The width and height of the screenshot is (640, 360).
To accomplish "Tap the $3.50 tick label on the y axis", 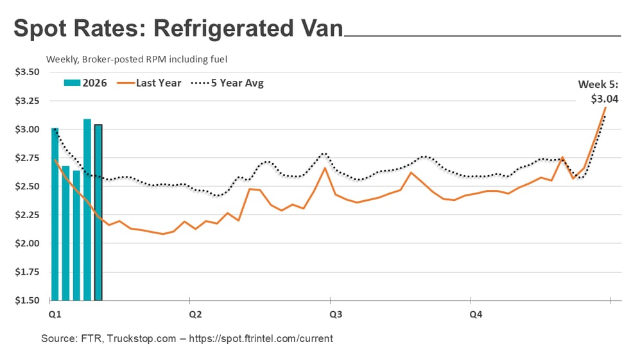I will point(27,72).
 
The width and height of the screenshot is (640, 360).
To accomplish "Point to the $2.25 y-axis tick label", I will point(27,214).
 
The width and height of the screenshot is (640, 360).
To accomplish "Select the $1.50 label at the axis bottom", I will point(27,300).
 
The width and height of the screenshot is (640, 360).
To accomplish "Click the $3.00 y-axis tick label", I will point(27,129).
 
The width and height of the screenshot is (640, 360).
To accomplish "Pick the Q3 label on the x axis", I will point(335,314).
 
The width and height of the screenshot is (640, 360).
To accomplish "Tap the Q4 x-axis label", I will point(476,314).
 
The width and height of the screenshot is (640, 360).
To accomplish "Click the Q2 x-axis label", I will point(195,314).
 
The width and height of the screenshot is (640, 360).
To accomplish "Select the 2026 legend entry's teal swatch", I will point(71,83).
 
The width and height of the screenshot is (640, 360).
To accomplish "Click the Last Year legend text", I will point(159,83).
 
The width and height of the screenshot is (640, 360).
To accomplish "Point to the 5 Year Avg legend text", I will point(237,83).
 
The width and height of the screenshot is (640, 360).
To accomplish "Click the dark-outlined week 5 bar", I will point(98,212).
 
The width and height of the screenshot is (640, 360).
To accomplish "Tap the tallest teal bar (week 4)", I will point(87,209).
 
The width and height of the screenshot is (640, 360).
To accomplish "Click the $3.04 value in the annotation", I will point(605,99).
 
